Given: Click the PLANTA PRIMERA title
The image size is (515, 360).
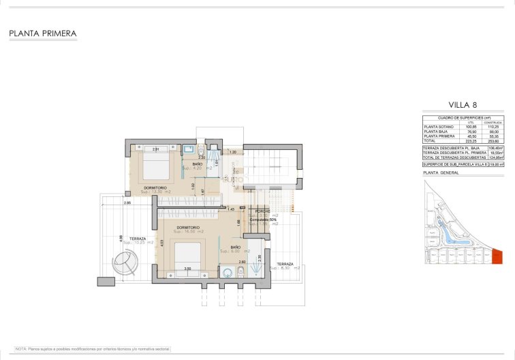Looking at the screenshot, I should point(42,33).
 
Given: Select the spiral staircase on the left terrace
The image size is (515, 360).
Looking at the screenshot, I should point(125,260).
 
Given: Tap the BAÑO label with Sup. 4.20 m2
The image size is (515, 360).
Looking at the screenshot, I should point(197,164).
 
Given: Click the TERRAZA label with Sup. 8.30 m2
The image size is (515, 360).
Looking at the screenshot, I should point(285,263).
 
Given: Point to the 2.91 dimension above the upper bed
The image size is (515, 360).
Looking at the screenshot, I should point(156,149).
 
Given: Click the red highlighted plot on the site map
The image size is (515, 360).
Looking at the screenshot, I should point(497,256).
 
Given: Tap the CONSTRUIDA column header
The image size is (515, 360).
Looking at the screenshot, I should point(493,123).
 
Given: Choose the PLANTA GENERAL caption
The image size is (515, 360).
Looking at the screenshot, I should point(441,173).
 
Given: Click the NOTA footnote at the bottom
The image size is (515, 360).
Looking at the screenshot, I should point(93,348).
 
